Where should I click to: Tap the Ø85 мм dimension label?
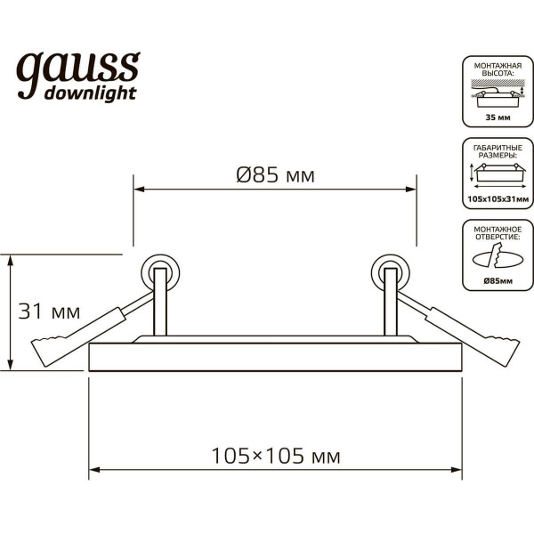coord(276,175)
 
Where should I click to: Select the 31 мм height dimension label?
coord(50,312)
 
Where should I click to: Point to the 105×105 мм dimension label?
coord(276,456)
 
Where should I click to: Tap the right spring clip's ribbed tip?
coord(506,349)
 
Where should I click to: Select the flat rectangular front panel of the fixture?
coord(276,357)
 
